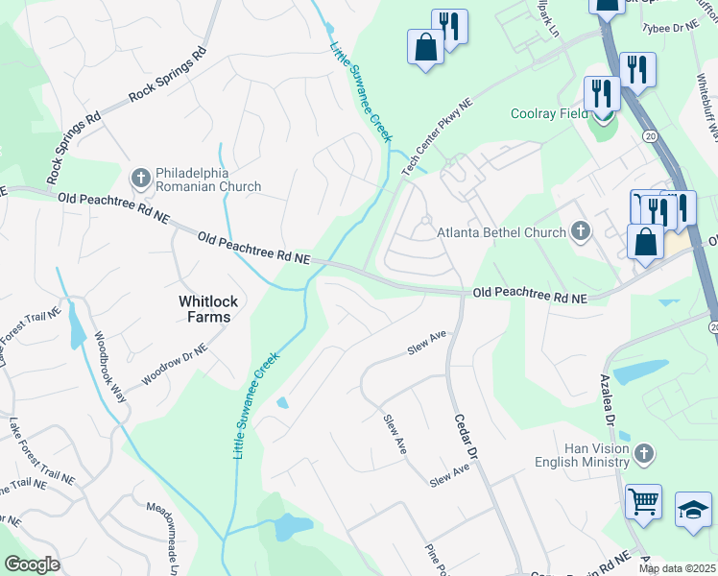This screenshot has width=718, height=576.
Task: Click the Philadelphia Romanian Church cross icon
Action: pos(140,178)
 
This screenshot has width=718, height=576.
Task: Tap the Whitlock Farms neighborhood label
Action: pos(204,308)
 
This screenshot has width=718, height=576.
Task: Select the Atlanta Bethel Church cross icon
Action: pos(580,230)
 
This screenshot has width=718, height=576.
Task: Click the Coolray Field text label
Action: pos(548,114)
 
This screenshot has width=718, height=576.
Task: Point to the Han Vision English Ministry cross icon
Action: pos(644,452)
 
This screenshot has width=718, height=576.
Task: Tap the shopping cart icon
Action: pos(643,501)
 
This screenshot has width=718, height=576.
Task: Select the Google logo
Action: pos(31,564)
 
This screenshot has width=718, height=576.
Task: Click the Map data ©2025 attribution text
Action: pos(677,568)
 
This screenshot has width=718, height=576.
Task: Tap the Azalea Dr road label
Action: pos(610,401)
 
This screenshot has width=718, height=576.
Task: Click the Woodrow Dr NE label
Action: pos(173,364)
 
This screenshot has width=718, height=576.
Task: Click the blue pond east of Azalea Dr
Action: pos(640,371)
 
